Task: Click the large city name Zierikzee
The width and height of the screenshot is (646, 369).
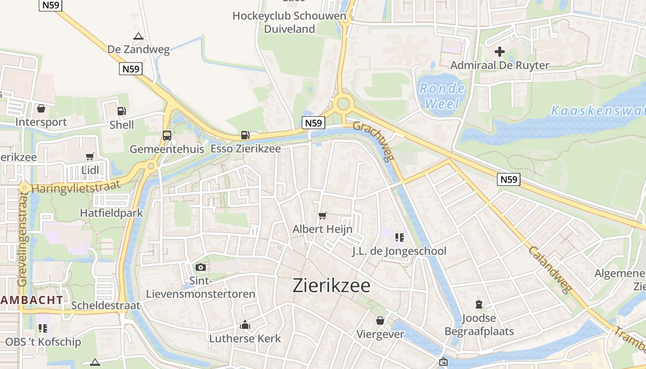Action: click(331, 286)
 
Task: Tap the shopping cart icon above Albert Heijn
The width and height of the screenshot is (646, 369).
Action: click(323, 215)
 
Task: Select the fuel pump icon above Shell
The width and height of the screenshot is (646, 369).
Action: click(121, 111)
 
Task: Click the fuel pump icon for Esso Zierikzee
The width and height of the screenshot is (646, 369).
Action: click(245, 135)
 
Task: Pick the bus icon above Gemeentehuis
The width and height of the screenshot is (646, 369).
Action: click(167, 136)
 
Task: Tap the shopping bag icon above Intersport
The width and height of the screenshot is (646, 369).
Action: click(41, 108)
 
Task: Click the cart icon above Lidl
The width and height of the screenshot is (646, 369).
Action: click(90, 157)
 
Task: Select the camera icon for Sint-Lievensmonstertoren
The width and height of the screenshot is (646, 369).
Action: click(201, 267)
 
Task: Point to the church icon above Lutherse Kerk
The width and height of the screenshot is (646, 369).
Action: click(245, 325)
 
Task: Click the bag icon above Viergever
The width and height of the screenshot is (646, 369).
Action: click(380, 321)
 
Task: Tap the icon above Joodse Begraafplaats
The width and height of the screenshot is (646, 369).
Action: click(479, 304)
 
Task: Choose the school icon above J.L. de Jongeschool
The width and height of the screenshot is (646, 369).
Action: click(399, 238)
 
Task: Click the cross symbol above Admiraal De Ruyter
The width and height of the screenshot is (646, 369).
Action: click(500, 52)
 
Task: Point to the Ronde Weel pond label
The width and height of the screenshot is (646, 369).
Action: click(442, 95)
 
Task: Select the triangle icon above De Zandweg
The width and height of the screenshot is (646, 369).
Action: click(138, 36)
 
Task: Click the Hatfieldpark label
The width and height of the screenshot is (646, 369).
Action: click(112, 213)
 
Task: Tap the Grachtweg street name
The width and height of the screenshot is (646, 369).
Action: click(374, 141)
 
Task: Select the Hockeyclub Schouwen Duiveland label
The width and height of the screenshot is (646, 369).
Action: click(289, 22)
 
